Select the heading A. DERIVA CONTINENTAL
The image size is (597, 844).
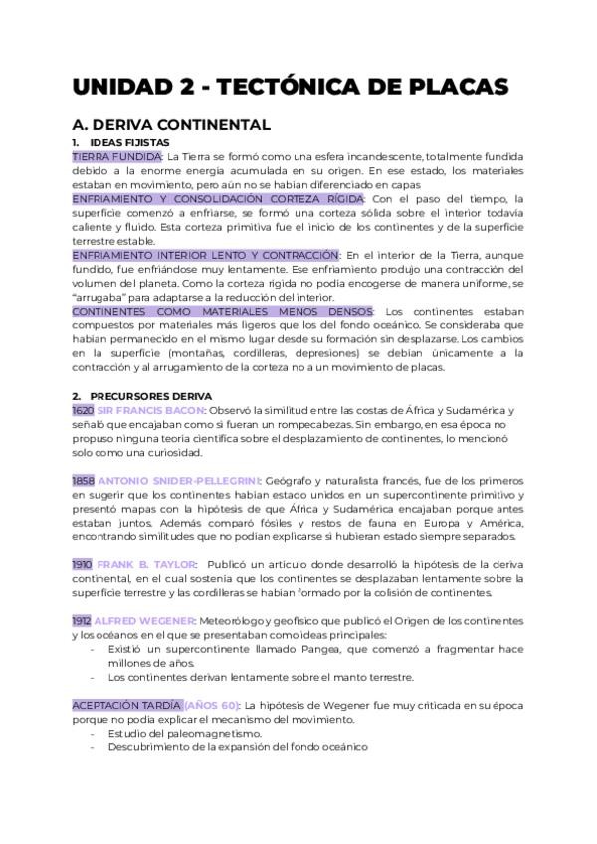coord(170,125)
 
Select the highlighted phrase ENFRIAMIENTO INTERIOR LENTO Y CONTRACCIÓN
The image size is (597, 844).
coord(205,255)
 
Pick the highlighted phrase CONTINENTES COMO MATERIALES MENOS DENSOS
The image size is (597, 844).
coord(223,312)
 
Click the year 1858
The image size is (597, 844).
coord(84,481)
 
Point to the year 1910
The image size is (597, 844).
coord(83,564)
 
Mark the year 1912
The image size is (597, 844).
coord(82,621)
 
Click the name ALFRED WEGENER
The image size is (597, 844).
coord(143,621)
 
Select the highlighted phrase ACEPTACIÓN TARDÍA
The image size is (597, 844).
coord(125,705)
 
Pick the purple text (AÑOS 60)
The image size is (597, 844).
coord(211,705)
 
